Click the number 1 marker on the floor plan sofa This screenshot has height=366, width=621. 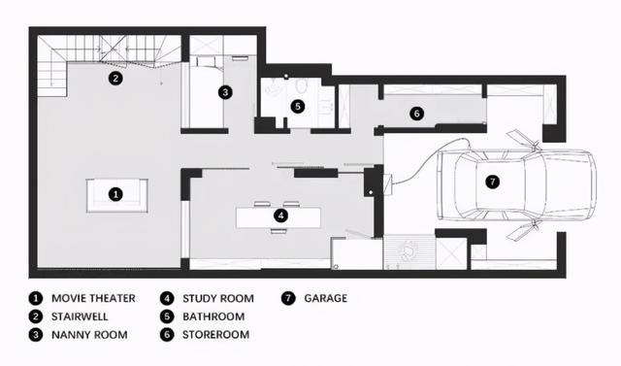click(x=115, y=194)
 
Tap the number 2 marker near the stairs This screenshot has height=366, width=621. click(x=115, y=78)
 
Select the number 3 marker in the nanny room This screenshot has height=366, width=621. click(x=225, y=92)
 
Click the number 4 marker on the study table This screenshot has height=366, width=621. click(x=280, y=216)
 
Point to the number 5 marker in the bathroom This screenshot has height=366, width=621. click(x=298, y=106)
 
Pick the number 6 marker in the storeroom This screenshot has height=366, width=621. click(x=416, y=114)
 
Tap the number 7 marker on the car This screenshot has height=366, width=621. click(x=493, y=182)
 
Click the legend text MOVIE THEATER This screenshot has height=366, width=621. click(x=93, y=298)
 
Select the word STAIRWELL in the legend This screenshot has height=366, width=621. click(x=80, y=316)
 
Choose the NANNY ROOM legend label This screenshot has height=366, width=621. click(x=89, y=335)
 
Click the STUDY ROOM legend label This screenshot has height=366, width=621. click(x=218, y=298)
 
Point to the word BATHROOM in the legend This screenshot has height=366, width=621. click(x=213, y=316)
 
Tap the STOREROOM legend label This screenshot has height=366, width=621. click(x=215, y=335)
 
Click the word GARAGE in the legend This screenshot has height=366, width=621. click(x=326, y=298)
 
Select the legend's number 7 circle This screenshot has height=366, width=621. click(x=288, y=298)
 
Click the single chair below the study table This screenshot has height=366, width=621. click(x=278, y=231)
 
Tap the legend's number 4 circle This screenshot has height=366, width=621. click(x=167, y=298)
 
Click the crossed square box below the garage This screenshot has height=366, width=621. click(x=451, y=253)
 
